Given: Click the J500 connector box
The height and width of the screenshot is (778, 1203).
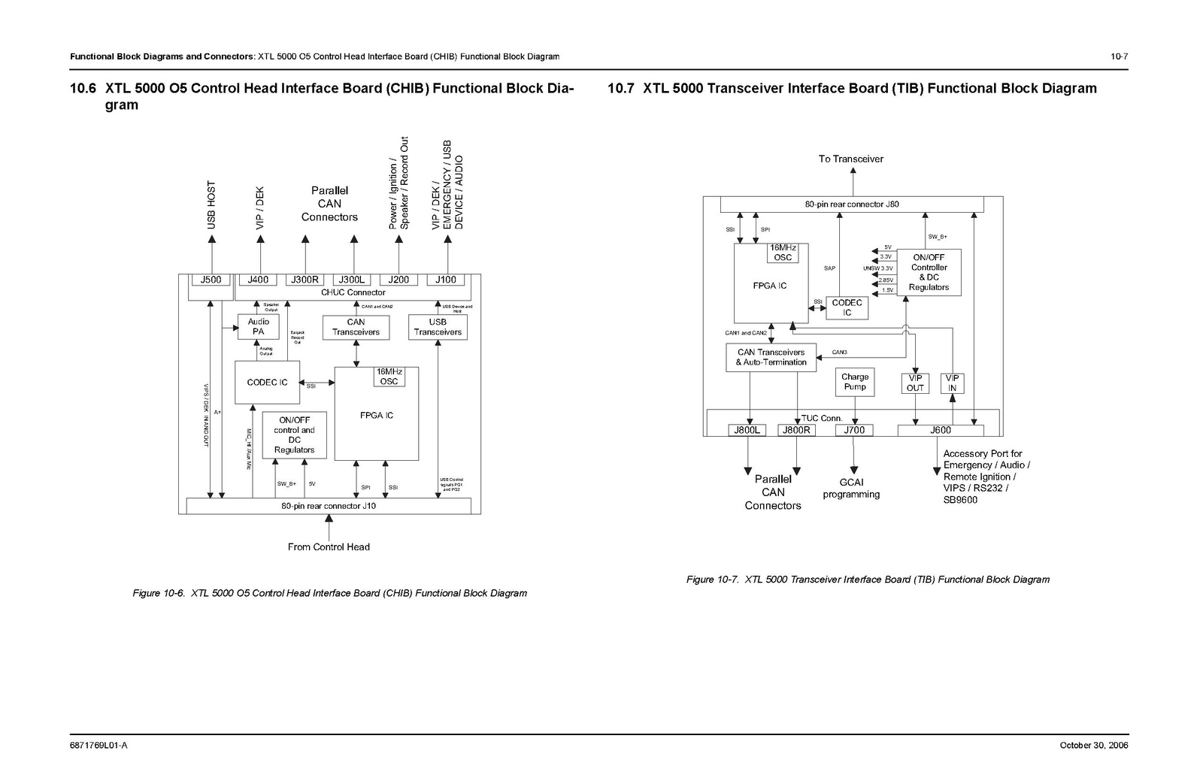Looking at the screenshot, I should click(x=211, y=280).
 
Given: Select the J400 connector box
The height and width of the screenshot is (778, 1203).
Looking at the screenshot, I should click(x=258, y=280).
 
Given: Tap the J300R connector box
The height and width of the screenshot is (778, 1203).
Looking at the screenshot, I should click(x=305, y=280).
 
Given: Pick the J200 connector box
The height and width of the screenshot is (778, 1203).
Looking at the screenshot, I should click(x=398, y=280).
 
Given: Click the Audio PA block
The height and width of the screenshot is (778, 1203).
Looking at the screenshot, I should click(x=259, y=327).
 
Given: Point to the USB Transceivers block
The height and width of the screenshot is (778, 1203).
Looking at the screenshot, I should click(x=438, y=327).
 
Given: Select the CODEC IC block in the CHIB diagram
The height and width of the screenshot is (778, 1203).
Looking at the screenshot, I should click(x=267, y=382).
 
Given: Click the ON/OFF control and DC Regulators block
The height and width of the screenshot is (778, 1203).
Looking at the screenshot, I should click(x=294, y=435).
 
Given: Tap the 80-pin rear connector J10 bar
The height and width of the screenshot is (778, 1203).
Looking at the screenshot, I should click(x=329, y=506).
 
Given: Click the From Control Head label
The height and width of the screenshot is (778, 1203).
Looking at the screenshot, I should click(x=329, y=547).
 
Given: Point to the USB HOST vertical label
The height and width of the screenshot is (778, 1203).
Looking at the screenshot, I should click(x=211, y=205).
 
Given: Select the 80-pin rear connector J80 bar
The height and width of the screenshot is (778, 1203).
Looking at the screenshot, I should click(x=852, y=204).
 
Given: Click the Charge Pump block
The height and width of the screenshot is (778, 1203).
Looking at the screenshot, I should click(x=855, y=382).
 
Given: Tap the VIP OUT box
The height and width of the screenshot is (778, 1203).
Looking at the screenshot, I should click(x=915, y=383).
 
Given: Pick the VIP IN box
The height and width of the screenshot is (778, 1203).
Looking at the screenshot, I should click(x=952, y=383).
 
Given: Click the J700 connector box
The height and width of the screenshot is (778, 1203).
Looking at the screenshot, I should click(x=854, y=430).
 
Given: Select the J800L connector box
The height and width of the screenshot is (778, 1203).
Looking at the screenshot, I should click(x=747, y=430).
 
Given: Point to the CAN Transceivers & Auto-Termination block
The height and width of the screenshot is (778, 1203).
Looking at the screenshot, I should click(x=771, y=357).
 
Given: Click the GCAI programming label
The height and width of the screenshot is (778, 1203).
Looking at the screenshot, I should click(x=851, y=489).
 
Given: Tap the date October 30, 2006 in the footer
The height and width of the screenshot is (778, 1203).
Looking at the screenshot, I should click(x=1094, y=746).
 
